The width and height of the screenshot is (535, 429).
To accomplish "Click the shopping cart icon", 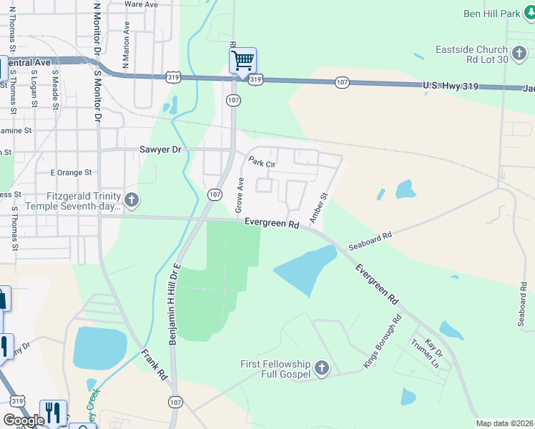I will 242,60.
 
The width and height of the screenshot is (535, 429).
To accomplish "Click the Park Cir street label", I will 261,163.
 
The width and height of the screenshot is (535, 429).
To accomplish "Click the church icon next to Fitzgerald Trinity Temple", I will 132,200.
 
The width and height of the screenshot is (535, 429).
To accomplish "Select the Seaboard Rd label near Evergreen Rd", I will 370,240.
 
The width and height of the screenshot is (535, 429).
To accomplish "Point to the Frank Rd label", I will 154,364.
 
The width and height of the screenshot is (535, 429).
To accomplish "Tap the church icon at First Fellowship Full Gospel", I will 322,369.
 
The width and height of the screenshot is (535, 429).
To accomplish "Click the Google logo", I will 24,420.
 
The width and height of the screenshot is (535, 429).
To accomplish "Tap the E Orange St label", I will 72,172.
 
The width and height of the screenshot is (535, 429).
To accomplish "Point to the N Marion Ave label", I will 127,45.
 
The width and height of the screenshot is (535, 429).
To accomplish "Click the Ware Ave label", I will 141,4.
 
